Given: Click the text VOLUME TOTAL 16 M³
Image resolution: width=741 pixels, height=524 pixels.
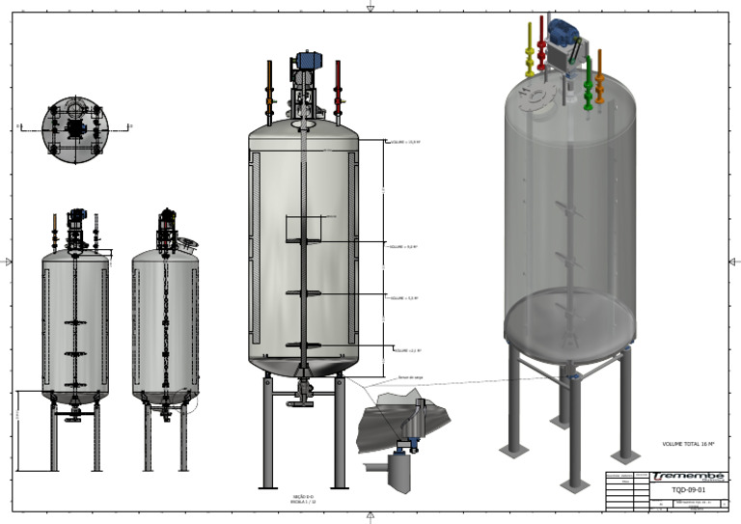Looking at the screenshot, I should coord(688,444).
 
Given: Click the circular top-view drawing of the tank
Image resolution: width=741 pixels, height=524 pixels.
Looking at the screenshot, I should coord(74,126).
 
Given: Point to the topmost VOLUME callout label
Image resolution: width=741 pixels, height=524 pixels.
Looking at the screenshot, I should coord(405,142).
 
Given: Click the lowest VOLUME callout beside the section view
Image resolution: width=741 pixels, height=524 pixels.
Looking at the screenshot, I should coord(410,350).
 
